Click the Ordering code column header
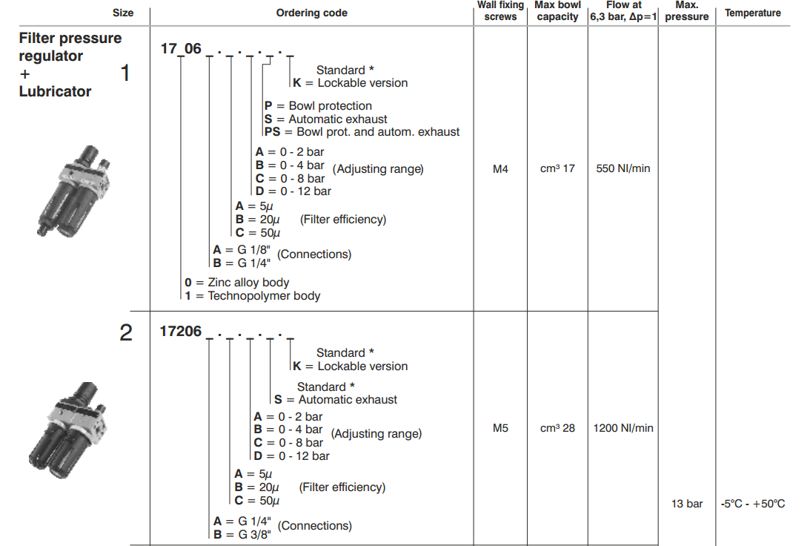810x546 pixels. coord(311,13)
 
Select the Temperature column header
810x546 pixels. coord(752,13)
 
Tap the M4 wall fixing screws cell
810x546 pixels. coord(500,168)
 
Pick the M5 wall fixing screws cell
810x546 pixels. coord(500,428)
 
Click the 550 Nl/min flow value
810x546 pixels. coord(623,168)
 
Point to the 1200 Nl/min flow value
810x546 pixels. coord(623,428)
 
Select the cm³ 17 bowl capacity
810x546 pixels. coord(557,168)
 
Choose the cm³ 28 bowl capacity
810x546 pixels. coord(557,428)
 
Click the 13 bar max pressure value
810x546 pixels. coord(686,504)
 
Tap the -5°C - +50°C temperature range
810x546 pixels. coord(752,504)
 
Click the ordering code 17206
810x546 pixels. coord(181,332)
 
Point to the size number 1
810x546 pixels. coord(126,73)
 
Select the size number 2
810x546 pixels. coord(126,333)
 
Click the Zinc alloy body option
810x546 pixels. coord(237,283)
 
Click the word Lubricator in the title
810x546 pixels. coord(55,91)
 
